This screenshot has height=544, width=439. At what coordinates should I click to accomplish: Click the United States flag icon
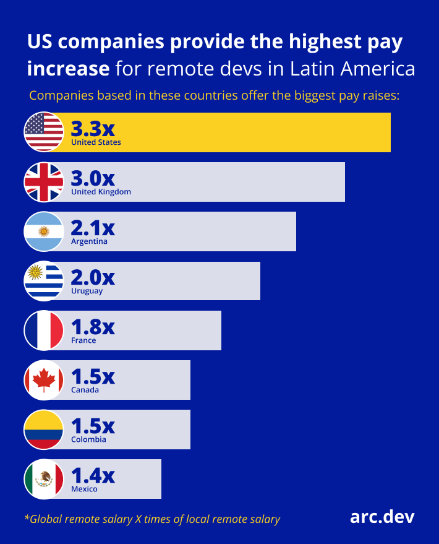pos(44,132)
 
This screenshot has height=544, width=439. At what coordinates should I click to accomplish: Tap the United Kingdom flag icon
pos(44,181)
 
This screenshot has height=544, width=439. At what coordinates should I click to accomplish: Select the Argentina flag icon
pos(44,231)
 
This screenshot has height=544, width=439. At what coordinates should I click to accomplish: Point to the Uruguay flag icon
pos(44,280)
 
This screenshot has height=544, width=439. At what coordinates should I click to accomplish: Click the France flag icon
pos(44,330)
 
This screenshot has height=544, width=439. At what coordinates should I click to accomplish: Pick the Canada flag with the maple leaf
pos(44,379)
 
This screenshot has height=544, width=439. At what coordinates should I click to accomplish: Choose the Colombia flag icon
pos(44,429)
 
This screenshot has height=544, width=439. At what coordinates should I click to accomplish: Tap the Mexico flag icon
pos(44,478)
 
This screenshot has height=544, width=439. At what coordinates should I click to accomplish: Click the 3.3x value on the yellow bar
pos(93,128)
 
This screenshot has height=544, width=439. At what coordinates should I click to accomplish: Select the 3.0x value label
pos(93,178)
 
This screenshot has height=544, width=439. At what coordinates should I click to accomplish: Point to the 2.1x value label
pos(93,227)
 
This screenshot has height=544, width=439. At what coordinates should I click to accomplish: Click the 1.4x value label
pos(93,475)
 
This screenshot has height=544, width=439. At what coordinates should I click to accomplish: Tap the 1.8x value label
pos(93,326)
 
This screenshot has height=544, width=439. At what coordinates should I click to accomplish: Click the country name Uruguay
pos(87,291)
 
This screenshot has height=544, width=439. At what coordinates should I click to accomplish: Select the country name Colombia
pos(88,439)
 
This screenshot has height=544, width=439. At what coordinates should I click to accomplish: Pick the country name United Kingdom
pos(101,192)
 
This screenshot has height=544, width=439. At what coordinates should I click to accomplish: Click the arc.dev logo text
pos(382,517)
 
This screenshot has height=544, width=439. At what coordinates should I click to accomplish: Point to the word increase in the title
pos(68,68)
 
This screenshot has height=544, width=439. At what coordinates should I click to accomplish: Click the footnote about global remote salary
pos(152,519)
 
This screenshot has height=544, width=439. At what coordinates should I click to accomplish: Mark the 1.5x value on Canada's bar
pos(93,376)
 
